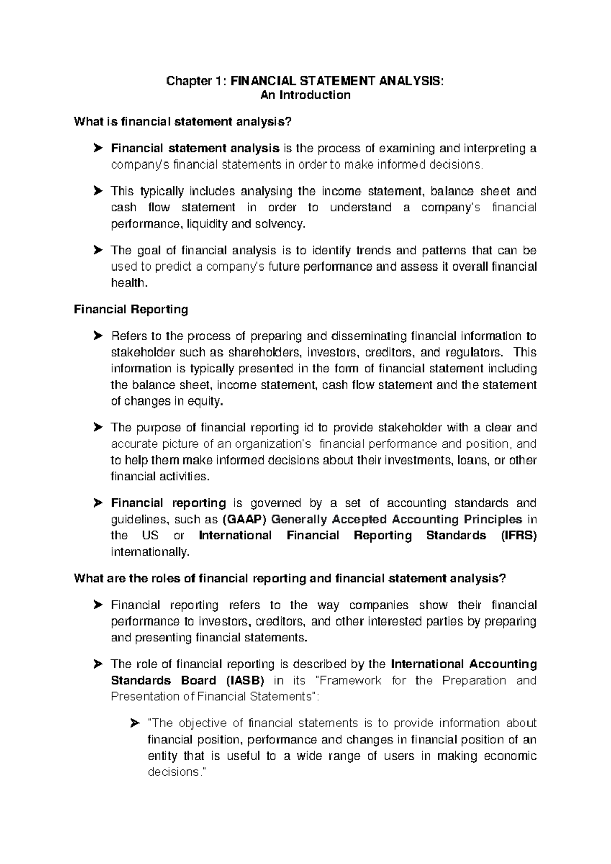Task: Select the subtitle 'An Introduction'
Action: (x=305, y=95)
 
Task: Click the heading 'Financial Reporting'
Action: (x=131, y=309)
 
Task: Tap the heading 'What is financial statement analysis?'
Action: (x=184, y=122)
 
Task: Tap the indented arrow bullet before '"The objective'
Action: (x=134, y=723)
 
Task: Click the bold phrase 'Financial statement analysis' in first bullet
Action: (x=195, y=148)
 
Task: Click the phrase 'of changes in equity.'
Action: (x=166, y=401)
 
